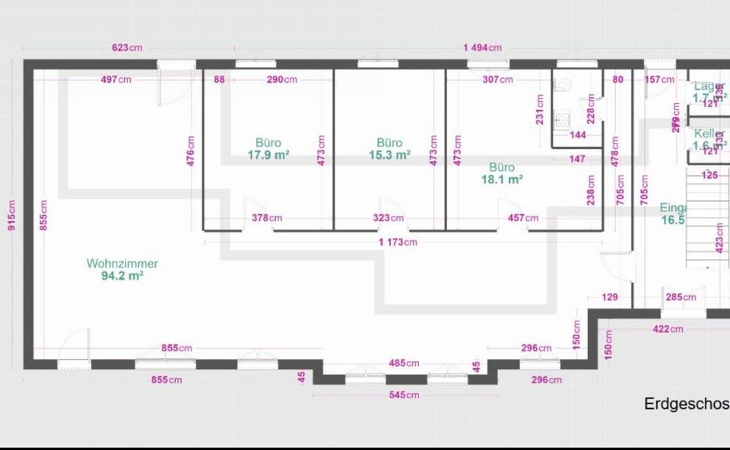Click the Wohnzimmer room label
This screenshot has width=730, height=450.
tap(122, 264)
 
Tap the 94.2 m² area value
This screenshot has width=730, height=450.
tap(122, 277)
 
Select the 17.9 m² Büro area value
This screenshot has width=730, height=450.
tap(268, 155)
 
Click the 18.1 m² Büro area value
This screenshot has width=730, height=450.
tap(502, 180)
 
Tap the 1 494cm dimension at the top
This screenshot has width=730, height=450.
tap(482, 47)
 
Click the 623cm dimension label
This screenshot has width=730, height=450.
tap(126, 47)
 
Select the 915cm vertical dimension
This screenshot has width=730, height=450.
tap(11, 217)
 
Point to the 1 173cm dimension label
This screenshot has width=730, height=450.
tap(398, 242)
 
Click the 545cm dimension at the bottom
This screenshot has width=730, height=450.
tap(404, 395)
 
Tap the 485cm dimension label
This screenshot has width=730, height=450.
tap(404, 363)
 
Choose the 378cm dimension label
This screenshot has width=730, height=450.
tap(267, 218)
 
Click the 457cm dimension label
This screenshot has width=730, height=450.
tap(522, 218)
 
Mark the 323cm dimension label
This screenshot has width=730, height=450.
tap(388, 218)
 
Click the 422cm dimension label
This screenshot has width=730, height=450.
tap(668, 329)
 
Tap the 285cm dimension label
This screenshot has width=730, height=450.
tap(681, 297)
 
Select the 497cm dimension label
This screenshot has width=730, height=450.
tap(116, 79)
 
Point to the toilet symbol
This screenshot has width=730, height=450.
tap(562, 84)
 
